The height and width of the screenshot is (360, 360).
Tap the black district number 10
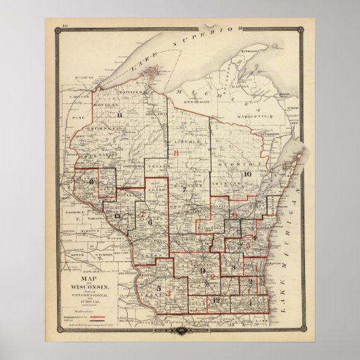point(247,174)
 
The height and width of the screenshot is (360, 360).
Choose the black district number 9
point(203,272)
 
